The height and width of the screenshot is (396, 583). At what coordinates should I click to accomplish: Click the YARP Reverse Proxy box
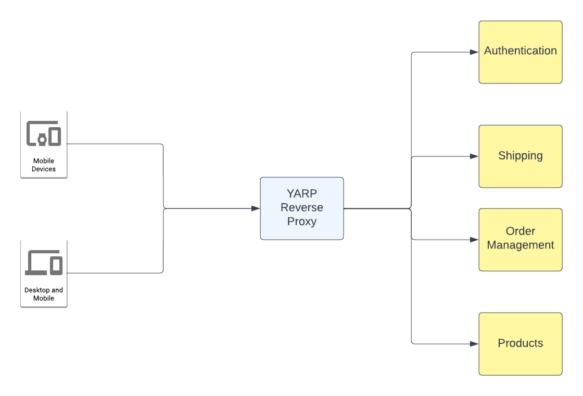pos(302,208)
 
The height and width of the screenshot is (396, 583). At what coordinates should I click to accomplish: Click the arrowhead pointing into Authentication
pos(474,52)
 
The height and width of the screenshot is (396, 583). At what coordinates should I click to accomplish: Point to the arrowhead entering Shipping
pos(474,156)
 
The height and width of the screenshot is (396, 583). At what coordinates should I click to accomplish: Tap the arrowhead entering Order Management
pos(474,240)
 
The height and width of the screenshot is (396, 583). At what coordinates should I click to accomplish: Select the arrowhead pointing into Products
pos(474,344)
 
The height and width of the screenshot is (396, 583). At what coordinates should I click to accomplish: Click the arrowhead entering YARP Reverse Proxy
pos(256,208)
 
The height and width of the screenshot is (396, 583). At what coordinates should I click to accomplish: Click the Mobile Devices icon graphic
pos(44,134)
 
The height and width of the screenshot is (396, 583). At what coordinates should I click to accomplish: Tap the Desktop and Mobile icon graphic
pos(44,263)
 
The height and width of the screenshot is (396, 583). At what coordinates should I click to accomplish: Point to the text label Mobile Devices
pos(44,165)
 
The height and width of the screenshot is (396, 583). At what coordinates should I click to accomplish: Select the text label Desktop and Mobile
pos(44,294)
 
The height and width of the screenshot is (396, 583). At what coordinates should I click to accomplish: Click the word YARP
pos(302,194)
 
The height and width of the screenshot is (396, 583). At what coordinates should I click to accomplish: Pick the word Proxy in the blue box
pos(302,221)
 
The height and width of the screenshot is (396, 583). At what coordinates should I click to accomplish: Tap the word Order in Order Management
pos(521,231)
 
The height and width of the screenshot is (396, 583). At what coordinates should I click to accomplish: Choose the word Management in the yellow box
pos(521,245)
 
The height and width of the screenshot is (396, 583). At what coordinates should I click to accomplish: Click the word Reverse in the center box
pos(302,207)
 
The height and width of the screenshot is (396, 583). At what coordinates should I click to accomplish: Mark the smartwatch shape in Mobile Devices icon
pos(42,139)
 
